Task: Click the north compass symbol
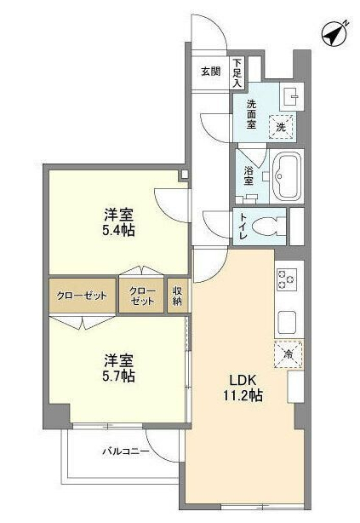coord(333,35)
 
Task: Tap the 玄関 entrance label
coord(211,71)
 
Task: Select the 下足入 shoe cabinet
coord(237,72)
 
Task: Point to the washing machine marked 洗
coord(282,126)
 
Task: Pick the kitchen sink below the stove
coord(286,322)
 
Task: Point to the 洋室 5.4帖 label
coord(117,221)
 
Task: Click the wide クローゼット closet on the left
coord(82,296)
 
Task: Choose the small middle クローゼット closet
coord(142,296)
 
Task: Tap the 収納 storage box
coord(177,296)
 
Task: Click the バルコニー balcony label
coord(126,450)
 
